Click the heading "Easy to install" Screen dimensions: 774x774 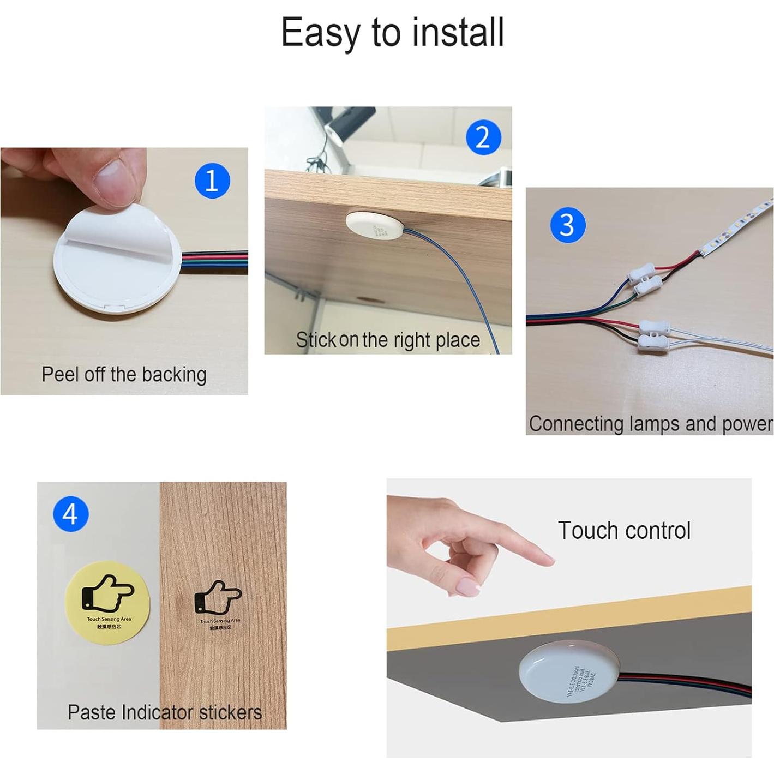coord(392,33)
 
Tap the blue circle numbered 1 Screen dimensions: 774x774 coord(212,181)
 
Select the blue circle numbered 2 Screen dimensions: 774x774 coord(483,137)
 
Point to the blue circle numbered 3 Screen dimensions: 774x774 coord(567,225)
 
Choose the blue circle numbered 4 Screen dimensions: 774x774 coord(70,514)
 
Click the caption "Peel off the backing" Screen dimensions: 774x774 coord(124,375)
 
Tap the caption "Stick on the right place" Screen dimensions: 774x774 coord(388,340)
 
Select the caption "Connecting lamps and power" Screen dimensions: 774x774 coord(650,424)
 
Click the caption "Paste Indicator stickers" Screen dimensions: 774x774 coord(164,712)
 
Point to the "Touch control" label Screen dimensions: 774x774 coord(624,531)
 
